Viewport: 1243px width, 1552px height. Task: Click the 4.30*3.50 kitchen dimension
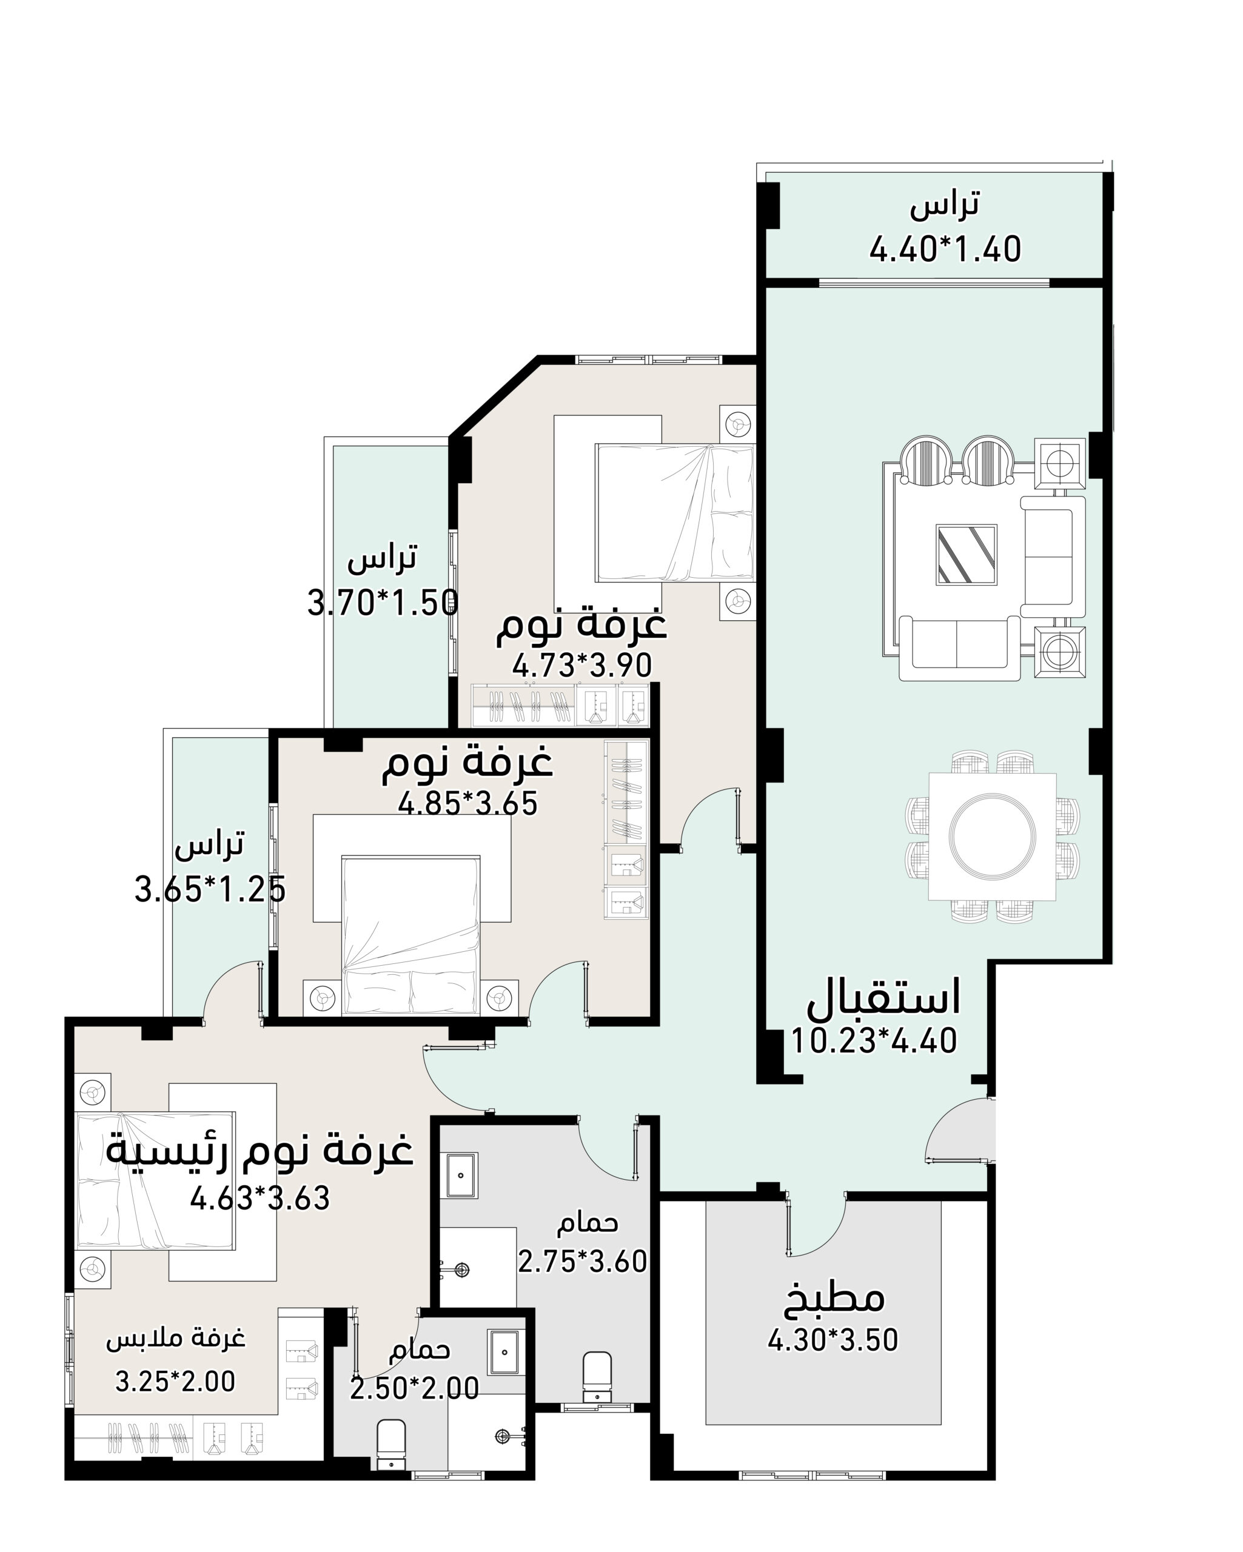pyautogui.click(x=833, y=1340)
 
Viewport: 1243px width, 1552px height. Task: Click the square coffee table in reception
pyautogui.click(x=967, y=554)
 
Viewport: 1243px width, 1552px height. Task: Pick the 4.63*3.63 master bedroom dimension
pyautogui.click(x=260, y=1199)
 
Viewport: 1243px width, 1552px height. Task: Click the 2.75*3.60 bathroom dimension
pyautogui.click(x=583, y=1261)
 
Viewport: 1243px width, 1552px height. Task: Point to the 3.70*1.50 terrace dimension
pyautogui.click(x=383, y=603)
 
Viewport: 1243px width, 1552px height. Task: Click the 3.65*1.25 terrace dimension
pyautogui.click(x=210, y=889)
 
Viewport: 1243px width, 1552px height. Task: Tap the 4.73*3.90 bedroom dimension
pyautogui.click(x=582, y=665)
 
